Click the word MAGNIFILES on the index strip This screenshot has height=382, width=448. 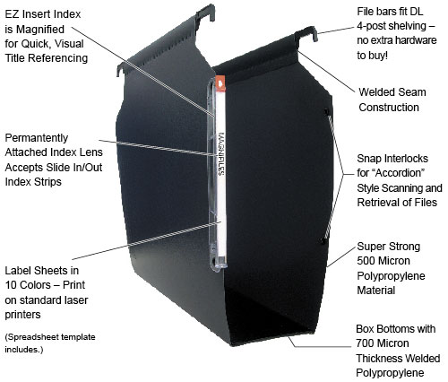coord(221,154)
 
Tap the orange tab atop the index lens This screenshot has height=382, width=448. coord(220,83)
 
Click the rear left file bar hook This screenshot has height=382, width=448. coord(206,12)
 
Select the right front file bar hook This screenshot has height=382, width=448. coord(306,33)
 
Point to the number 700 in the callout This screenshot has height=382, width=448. coord(367,343)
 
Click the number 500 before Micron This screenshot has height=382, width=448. coord(368,261)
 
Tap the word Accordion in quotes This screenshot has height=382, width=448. coord(400,173)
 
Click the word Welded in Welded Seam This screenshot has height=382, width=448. coord(377,92)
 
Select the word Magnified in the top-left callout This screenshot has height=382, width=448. coord(40,30)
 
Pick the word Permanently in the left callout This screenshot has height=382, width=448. coord(37,138)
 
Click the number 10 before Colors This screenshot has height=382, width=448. coord(11,285)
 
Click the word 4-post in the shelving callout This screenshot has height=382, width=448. coord(373,26)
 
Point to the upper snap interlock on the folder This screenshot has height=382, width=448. coord(326,111)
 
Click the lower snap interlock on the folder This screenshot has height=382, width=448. coord(323,240)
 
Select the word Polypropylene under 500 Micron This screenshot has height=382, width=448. coord(391,276)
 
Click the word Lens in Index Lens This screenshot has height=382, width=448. coord(91,152)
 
